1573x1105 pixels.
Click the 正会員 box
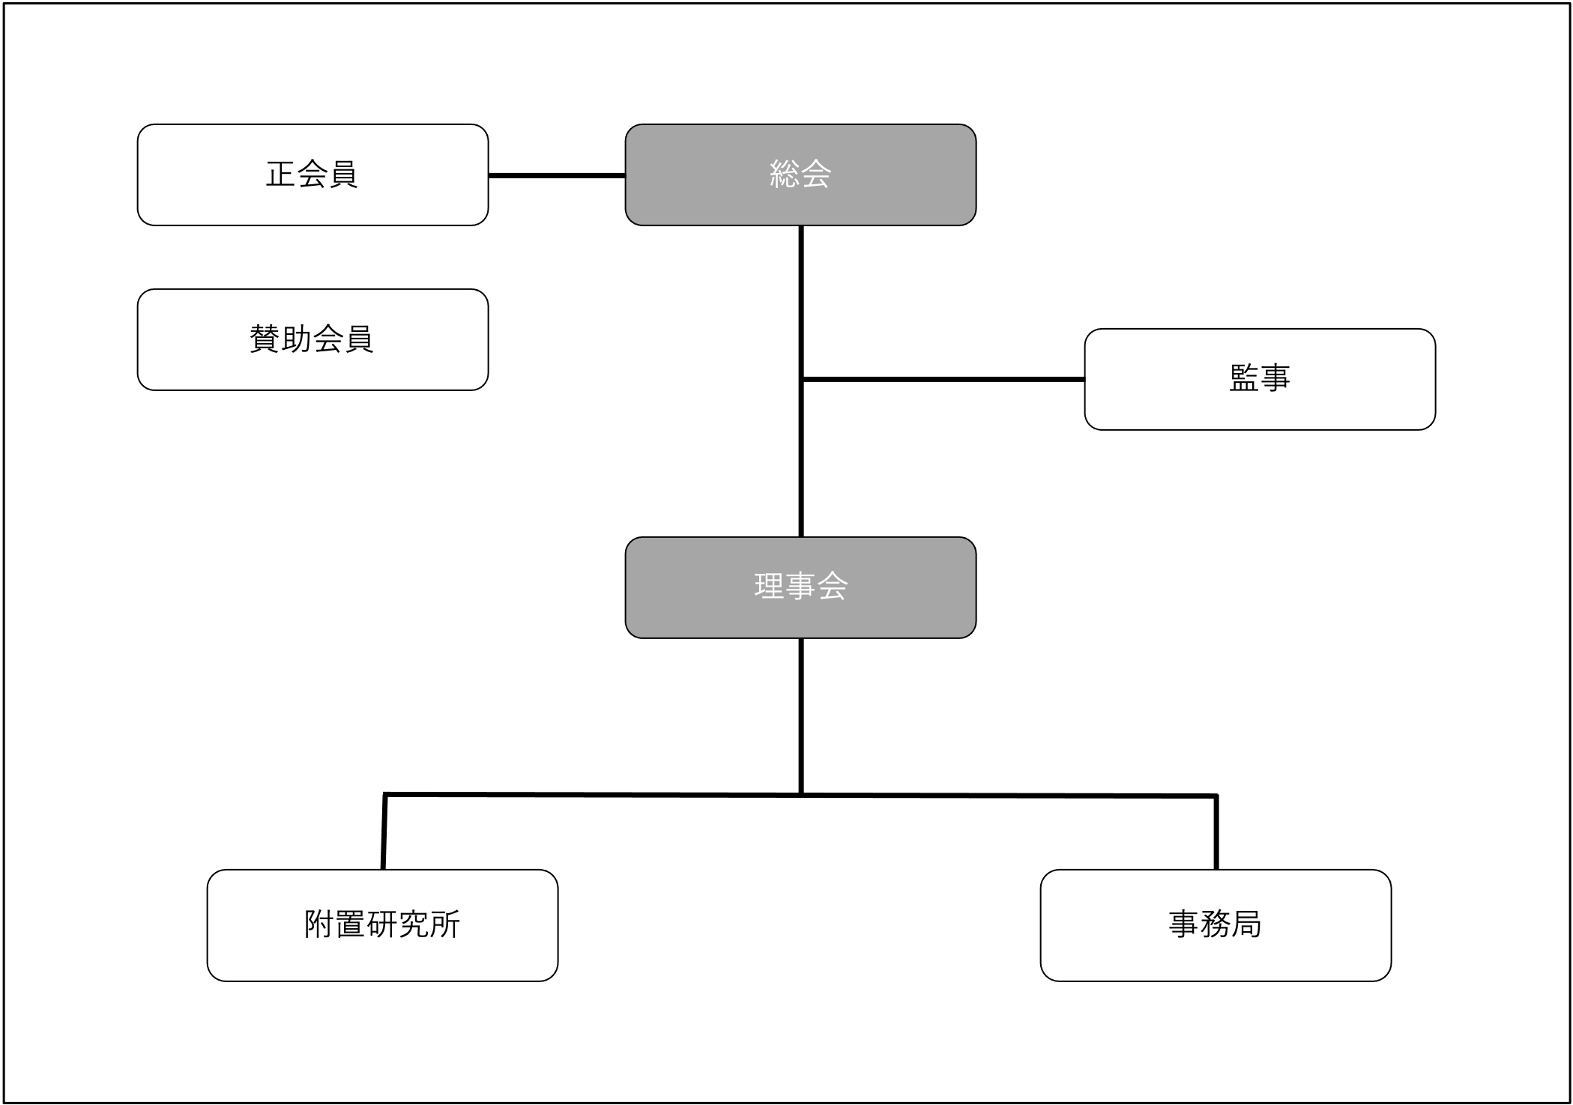tap(313, 175)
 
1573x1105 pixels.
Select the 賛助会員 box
tap(313, 339)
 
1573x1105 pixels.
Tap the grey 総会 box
tap(800, 175)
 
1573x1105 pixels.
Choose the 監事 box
tap(1260, 379)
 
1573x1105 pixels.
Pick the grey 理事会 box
tap(800, 587)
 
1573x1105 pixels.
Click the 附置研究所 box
tap(382, 925)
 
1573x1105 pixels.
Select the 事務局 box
tap(1216, 925)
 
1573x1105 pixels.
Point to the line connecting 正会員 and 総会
tap(557, 176)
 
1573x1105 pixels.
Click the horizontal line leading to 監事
tap(944, 380)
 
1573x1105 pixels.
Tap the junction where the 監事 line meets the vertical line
tap(802, 380)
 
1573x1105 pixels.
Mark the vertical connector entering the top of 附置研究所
tap(384, 832)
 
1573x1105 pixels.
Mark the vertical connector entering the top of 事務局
tap(1216, 832)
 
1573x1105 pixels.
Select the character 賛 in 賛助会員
tap(265, 339)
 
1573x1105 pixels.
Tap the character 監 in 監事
tap(1244, 378)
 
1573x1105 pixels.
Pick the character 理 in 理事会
tap(769, 587)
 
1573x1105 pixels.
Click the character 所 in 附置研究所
tap(445, 924)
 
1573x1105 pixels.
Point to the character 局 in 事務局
tap(1246, 924)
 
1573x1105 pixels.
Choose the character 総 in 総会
tap(785, 175)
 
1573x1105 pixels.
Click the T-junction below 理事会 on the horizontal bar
tap(802, 794)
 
